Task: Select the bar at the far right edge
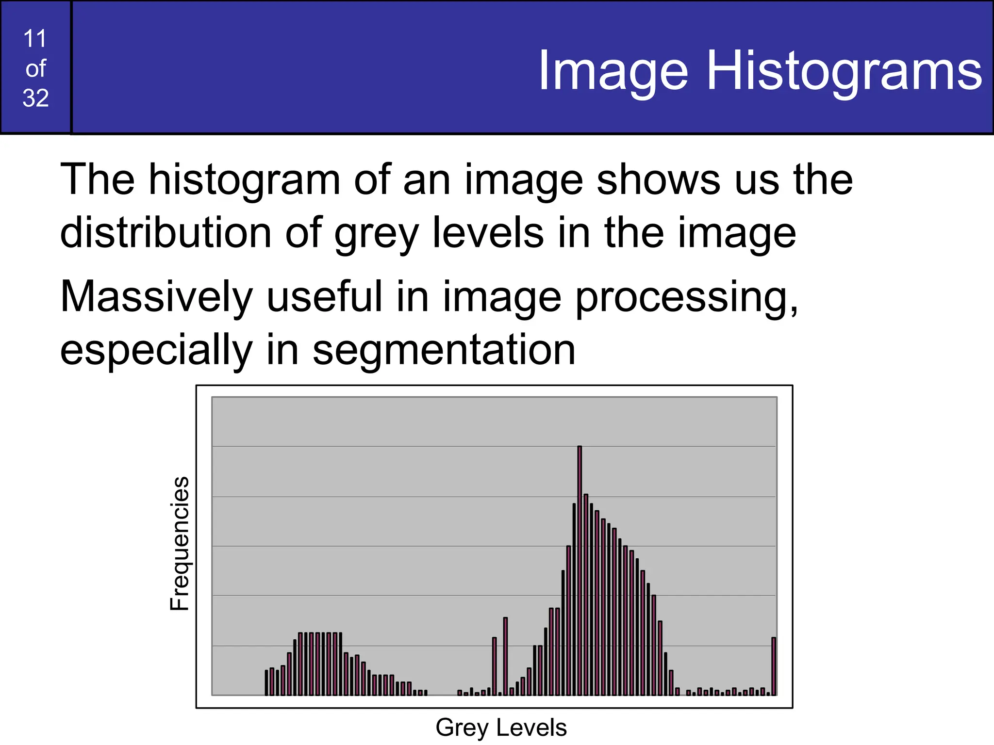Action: (x=774, y=666)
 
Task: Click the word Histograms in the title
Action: (x=845, y=71)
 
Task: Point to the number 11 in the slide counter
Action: (x=35, y=39)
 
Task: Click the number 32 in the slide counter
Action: (x=35, y=98)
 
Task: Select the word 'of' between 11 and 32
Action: (x=35, y=68)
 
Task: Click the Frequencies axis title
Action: (x=180, y=543)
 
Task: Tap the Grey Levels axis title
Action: (x=501, y=728)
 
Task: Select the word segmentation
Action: (x=444, y=350)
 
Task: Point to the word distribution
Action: (x=165, y=233)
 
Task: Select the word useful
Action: (x=324, y=297)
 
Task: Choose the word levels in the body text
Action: (x=488, y=233)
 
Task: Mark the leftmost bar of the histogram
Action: (x=266, y=682)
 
